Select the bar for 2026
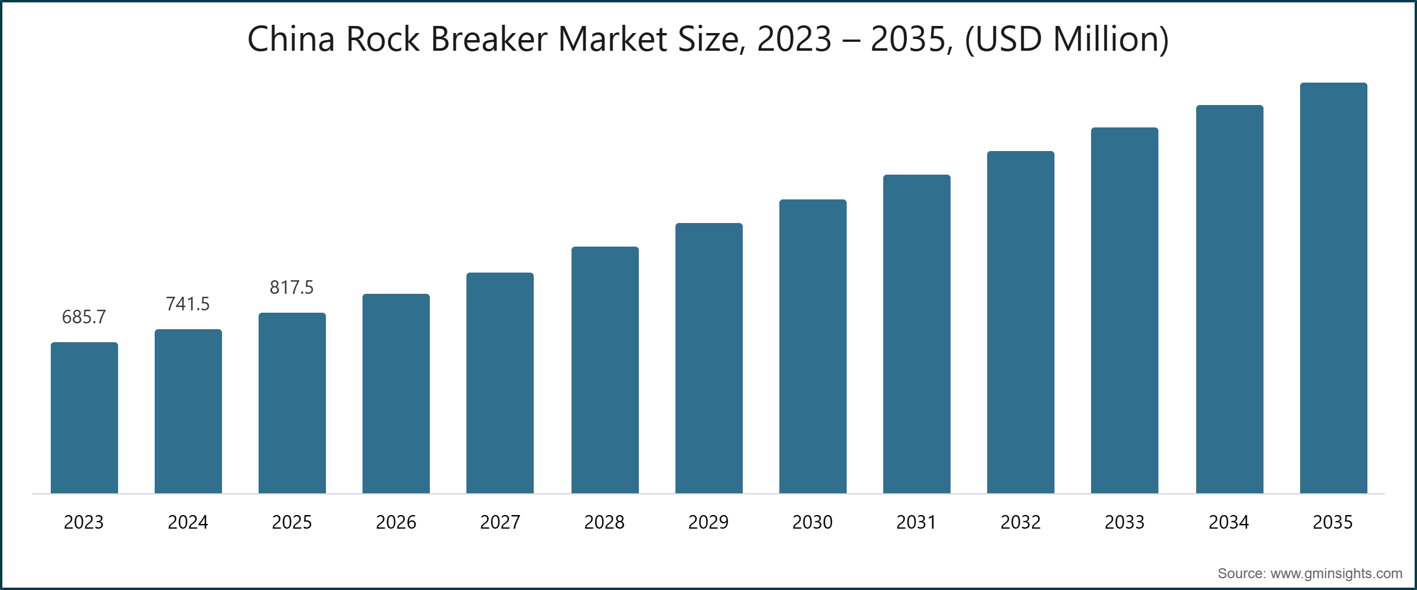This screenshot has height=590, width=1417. point(396,394)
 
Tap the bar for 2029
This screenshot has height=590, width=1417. point(709,358)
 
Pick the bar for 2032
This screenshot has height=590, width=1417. point(1021,322)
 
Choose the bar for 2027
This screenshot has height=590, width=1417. point(500,383)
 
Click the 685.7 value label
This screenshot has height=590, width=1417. point(84,317)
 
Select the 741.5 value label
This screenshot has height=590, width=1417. point(188,304)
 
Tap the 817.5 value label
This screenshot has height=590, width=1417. point(292,288)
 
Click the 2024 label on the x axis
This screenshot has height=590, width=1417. point(188,522)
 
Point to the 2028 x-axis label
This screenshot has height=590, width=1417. point(604,522)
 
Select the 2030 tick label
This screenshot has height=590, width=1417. point(812,522)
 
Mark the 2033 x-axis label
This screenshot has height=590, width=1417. point(1125,522)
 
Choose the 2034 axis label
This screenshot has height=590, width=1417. point(1229,522)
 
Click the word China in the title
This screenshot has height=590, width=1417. point(291,40)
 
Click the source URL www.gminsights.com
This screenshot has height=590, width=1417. point(1336,573)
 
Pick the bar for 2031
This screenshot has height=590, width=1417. point(917,334)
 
